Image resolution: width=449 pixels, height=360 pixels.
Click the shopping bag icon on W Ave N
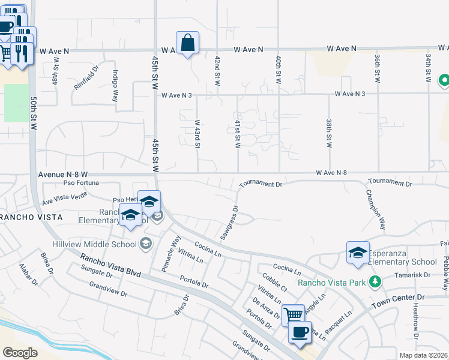187,43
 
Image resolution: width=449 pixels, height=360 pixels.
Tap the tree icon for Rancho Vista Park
375,281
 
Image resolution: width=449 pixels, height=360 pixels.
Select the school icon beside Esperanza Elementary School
357,253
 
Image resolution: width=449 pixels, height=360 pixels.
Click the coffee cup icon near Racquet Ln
300,331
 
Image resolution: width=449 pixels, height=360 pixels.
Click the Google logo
20,352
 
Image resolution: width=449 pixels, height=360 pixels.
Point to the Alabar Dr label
27,274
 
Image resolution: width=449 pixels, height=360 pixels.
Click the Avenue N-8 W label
63,174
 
